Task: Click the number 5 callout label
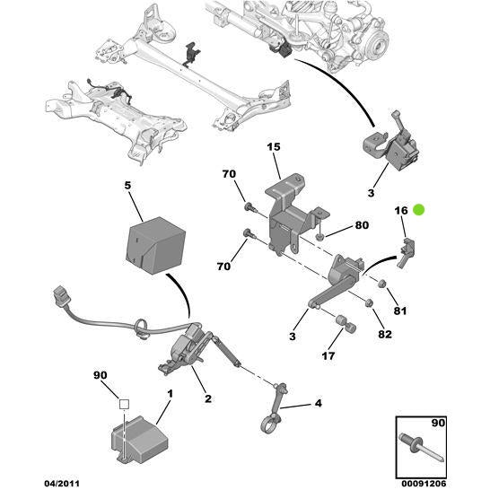pos(127,186)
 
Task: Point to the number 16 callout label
pos(400,210)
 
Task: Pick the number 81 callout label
pos(400,312)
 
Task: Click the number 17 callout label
pos(328,356)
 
